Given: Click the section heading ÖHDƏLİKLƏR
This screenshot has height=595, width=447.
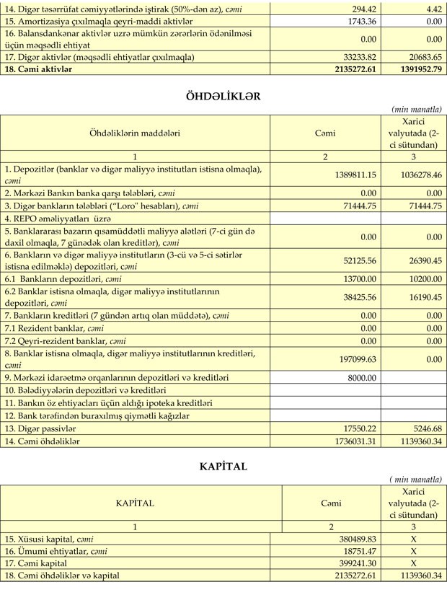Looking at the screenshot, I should click(223, 95).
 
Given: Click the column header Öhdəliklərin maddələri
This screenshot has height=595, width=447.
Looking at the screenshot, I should click(135, 133).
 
